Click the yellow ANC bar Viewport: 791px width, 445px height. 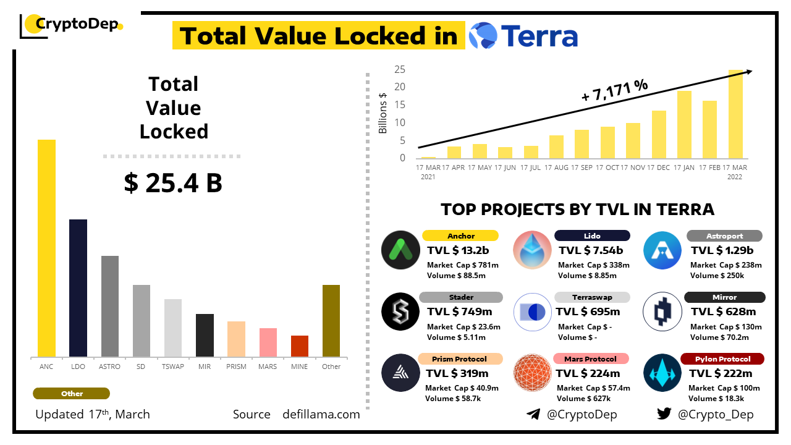tap(46, 248)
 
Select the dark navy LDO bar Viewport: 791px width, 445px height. tap(78, 288)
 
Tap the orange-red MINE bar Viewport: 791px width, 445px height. tap(300, 346)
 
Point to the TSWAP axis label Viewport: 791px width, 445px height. tap(172, 367)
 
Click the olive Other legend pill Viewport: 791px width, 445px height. tap(72, 394)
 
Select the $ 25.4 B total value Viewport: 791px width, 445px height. tap(173, 183)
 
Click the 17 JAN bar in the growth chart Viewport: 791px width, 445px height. tap(684, 124)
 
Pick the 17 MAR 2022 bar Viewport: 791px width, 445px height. tap(735, 114)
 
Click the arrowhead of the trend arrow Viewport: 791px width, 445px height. tap(748, 72)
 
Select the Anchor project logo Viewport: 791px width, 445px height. tap(400, 250)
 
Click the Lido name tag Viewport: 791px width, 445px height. tap(592, 235)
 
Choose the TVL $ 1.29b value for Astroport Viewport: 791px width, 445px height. tap(722, 250)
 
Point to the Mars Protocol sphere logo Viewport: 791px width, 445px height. tap(533, 373)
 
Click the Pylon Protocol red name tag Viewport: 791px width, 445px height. tap(722, 359)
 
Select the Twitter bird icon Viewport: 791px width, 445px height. tap(664, 414)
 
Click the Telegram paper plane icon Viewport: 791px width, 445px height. tap(533, 414)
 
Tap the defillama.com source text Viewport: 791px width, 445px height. tap(321, 415)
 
